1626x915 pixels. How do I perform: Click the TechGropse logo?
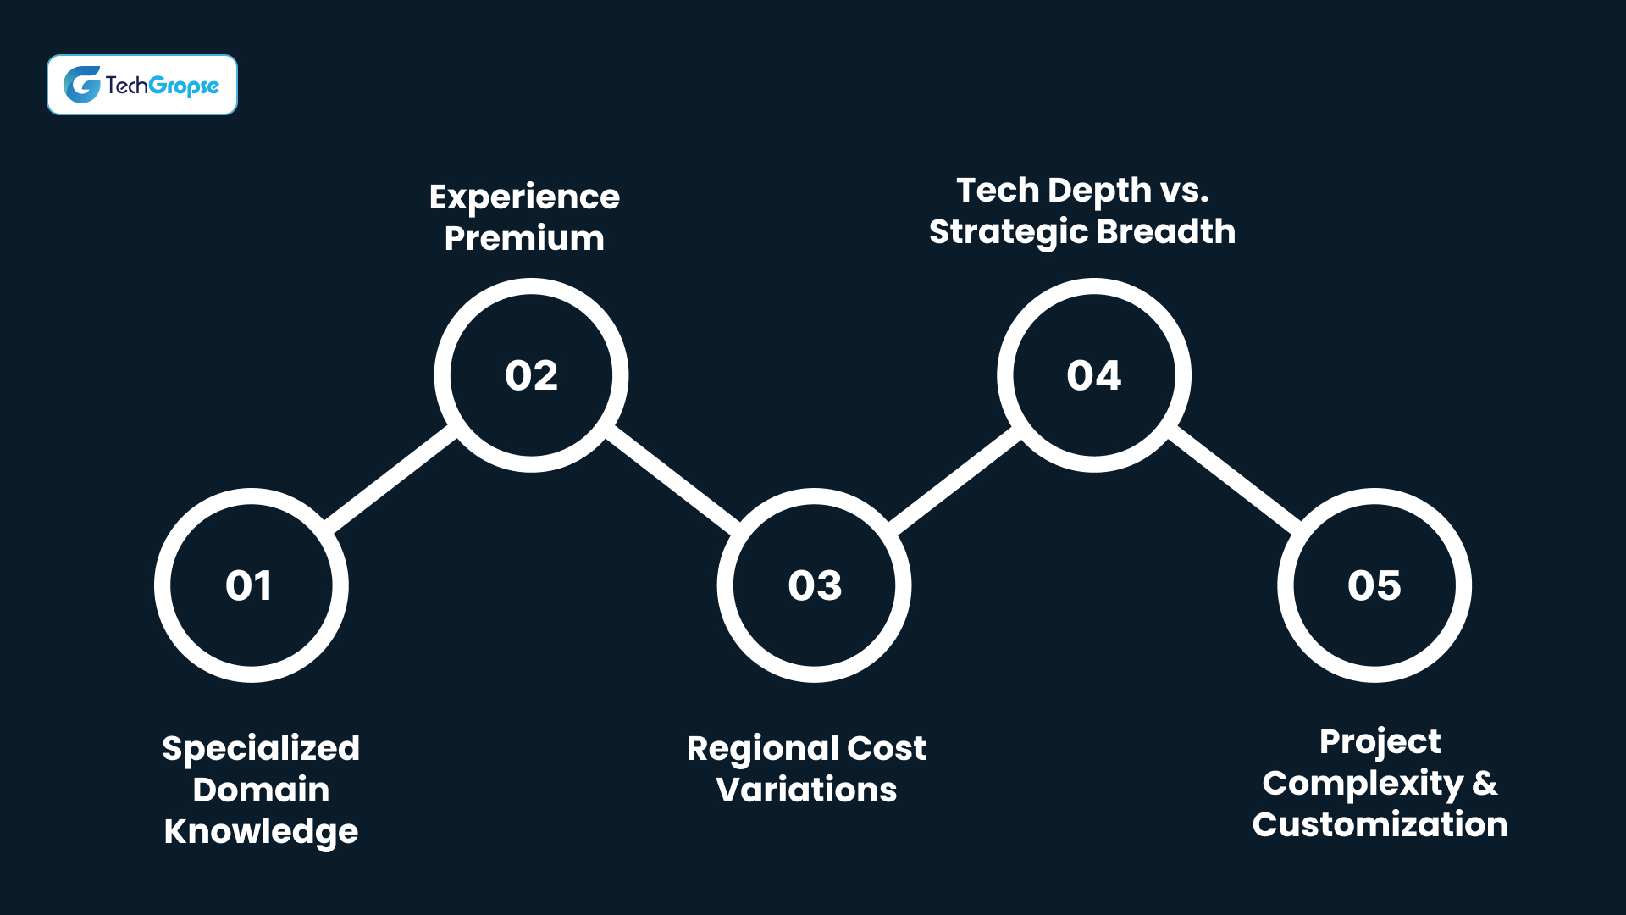pyautogui.click(x=142, y=85)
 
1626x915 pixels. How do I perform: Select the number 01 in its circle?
pyautogui.click(x=249, y=585)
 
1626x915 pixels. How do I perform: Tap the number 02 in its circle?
pyautogui.click(x=531, y=375)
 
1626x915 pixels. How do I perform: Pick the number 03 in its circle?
pyautogui.click(x=815, y=585)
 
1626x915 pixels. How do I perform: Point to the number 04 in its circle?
pyautogui.click(x=1093, y=375)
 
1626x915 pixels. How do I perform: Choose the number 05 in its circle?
pyautogui.click(x=1374, y=585)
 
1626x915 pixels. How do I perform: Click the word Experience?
pyautogui.click(x=524, y=197)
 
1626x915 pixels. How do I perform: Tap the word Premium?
pyautogui.click(x=524, y=239)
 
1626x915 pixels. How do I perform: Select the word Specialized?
pyautogui.click(x=261, y=749)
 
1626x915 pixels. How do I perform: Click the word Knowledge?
pyautogui.click(x=261, y=832)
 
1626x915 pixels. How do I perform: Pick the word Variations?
pyautogui.click(x=806, y=790)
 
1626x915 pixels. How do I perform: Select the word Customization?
pyautogui.click(x=1380, y=824)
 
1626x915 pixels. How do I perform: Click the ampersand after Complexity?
pyautogui.click(x=1484, y=784)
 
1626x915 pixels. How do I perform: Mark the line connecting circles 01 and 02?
pyautogui.click(x=391, y=479)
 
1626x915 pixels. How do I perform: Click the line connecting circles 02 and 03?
pyautogui.click(x=673, y=480)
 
